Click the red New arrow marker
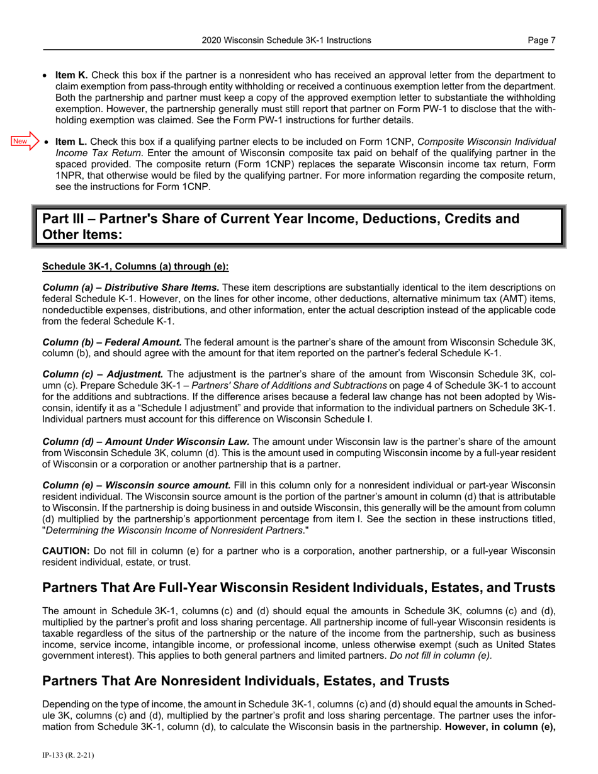[x=25, y=141]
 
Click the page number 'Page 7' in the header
[x=541, y=40]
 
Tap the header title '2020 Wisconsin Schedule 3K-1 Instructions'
[x=286, y=40]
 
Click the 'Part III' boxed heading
[x=298, y=227]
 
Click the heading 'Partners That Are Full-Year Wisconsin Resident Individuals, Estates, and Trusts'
[x=298, y=588]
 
